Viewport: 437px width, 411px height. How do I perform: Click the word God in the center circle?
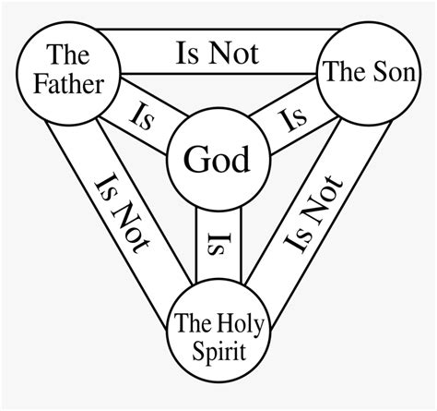(218, 160)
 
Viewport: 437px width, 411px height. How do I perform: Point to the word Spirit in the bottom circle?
(218, 350)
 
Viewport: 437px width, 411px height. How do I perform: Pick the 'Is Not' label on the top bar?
(217, 53)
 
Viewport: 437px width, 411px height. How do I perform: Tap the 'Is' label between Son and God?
(292, 117)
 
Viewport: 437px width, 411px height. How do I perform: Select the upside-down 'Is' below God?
(218, 243)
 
